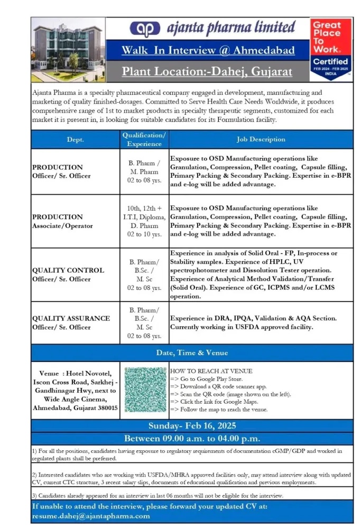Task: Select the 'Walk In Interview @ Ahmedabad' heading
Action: click(x=208, y=51)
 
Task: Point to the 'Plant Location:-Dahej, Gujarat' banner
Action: click(x=208, y=71)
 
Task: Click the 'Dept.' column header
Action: click(x=75, y=140)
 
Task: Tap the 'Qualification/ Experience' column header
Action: click(x=144, y=140)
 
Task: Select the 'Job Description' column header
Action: click(x=261, y=140)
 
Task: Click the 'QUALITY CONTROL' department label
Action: click(x=68, y=270)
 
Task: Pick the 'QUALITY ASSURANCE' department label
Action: click(x=71, y=319)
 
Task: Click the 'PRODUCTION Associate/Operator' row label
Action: click(x=62, y=221)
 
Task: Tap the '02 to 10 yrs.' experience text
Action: click(x=144, y=235)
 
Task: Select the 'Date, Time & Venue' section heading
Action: click(x=192, y=353)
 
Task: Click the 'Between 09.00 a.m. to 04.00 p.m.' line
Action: click(x=192, y=439)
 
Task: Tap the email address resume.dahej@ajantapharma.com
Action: click(x=91, y=516)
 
